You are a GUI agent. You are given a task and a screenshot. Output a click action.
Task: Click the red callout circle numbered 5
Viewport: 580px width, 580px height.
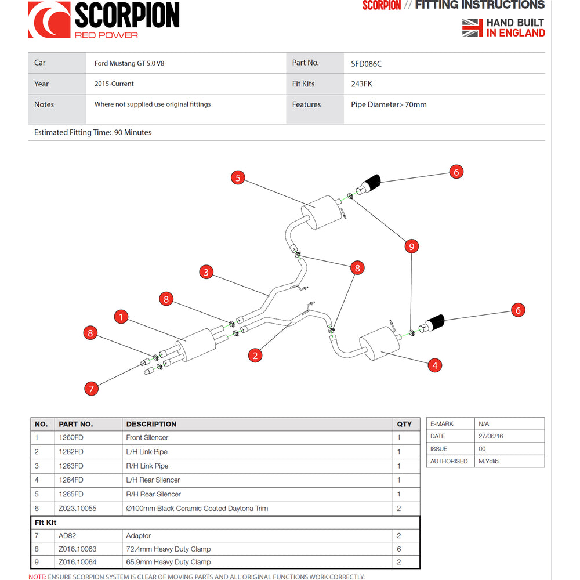click(238, 178)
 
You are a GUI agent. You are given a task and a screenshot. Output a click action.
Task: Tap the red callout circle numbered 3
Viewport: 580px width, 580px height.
click(206, 271)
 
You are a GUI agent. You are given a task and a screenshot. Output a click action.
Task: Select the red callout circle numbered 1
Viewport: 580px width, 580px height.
click(121, 317)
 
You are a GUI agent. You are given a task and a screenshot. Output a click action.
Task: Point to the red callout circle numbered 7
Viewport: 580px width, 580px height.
click(91, 388)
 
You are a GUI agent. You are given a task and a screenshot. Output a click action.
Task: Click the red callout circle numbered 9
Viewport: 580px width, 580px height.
click(411, 246)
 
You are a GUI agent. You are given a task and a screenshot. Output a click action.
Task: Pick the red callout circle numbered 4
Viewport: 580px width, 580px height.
click(434, 365)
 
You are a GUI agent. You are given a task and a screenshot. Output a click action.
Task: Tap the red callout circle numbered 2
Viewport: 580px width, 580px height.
click(255, 356)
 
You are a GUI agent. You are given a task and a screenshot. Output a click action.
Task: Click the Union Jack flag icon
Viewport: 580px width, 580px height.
click(472, 27)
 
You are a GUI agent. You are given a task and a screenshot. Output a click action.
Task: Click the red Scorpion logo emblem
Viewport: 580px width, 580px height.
click(49, 20)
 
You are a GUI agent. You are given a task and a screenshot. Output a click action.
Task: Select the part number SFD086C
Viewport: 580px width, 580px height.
click(366, 63)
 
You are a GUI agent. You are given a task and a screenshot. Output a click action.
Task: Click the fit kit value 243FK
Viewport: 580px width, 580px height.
click(361, 84)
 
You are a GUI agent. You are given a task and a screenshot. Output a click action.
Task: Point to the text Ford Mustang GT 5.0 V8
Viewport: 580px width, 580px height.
click(129, 63)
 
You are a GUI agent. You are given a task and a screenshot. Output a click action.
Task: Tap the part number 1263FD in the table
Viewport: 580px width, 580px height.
click(71, 466)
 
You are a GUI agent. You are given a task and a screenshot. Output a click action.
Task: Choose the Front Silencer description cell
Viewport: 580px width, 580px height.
click(147, 438)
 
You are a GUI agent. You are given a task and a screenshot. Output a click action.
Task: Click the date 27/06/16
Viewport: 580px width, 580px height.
click(491, 436)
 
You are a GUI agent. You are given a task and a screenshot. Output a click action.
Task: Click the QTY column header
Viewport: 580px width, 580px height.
click(404, 424)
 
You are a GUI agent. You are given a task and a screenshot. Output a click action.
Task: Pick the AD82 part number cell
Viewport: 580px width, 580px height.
click(67, 536)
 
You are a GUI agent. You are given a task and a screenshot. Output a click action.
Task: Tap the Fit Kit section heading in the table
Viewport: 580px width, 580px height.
click(45, 523)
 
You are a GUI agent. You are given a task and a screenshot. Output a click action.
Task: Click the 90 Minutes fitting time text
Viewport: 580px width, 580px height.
click(133, 132)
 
